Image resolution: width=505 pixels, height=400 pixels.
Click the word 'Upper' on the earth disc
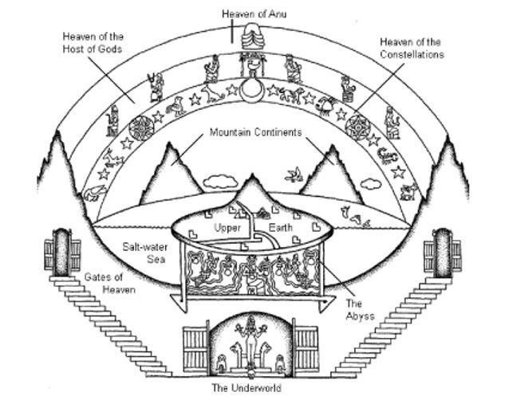click(x=227, y=228)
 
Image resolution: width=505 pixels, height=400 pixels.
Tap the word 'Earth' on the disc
click(x=280, y=228)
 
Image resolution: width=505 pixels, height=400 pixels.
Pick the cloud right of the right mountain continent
click(x=370, y=182)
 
